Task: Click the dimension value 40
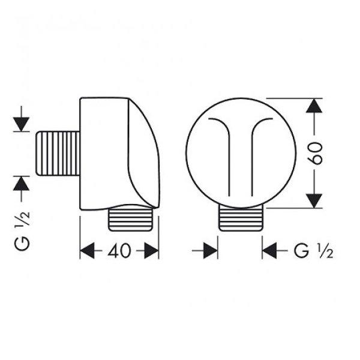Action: [119, 250]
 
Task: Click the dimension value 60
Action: [315, 153]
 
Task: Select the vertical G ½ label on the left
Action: [22, 231]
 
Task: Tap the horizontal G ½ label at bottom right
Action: [314, 251]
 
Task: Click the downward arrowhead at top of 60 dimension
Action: [314, 106]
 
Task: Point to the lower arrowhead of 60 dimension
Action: [314, 201]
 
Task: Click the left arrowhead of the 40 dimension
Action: [87, 250]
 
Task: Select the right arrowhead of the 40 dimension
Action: [151, 251]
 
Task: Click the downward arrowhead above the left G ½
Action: [21, 124]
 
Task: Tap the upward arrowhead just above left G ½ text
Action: [21, 184]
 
